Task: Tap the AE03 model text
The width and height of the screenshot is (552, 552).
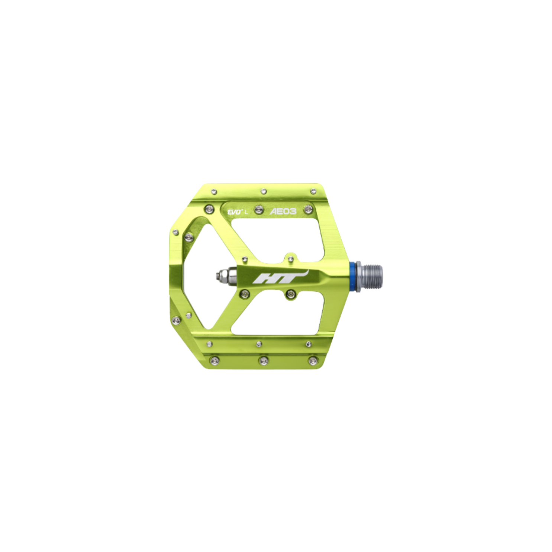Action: pos(283,212)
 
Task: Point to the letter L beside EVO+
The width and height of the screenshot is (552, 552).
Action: pos(246,212)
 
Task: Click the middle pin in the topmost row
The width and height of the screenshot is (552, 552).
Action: pos(264,191)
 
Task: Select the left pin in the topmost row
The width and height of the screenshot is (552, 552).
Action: pos(214,192)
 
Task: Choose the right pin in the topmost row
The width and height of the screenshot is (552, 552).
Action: pos(313,191)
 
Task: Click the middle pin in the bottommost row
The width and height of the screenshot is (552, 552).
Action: pos(264,360)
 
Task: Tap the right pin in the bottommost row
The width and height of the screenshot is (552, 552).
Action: pos(312,360)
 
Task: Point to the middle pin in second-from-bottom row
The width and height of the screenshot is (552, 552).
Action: pos(259,343)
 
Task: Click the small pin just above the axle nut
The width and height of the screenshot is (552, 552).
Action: pos(244,258)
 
